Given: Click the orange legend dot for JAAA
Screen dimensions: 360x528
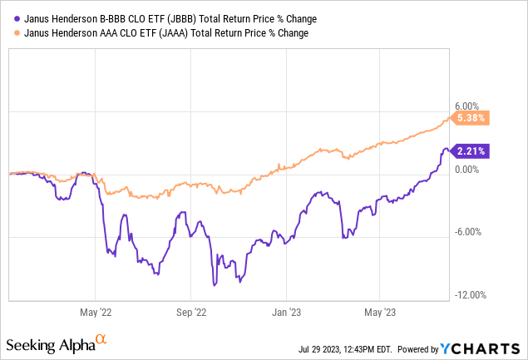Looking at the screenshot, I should [14, 33].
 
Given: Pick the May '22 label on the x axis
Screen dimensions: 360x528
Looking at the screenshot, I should [95, 313].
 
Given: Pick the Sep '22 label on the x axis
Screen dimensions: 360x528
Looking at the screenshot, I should [190, 313].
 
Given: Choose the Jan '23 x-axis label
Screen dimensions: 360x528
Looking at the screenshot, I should [286, 313].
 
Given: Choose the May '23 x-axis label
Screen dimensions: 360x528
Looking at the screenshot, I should [380, 313].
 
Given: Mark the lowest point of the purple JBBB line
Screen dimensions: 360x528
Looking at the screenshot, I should [215, 286].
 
